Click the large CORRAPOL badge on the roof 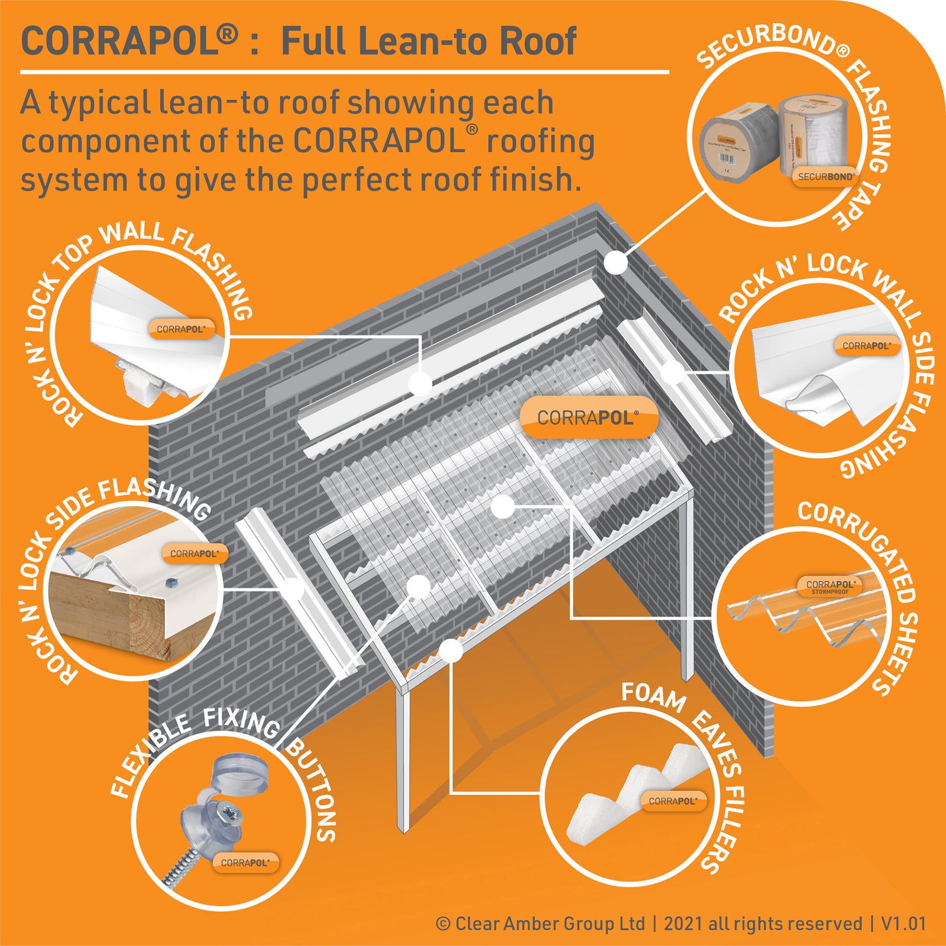click(x=588, y=418)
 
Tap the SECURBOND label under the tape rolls click(x=825, y=177)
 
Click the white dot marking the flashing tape click(x=616, y=262)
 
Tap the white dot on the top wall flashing click(x=421, y=384)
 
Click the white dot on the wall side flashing click(x=672, y=372)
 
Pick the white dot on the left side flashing click(x=292, y=588)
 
